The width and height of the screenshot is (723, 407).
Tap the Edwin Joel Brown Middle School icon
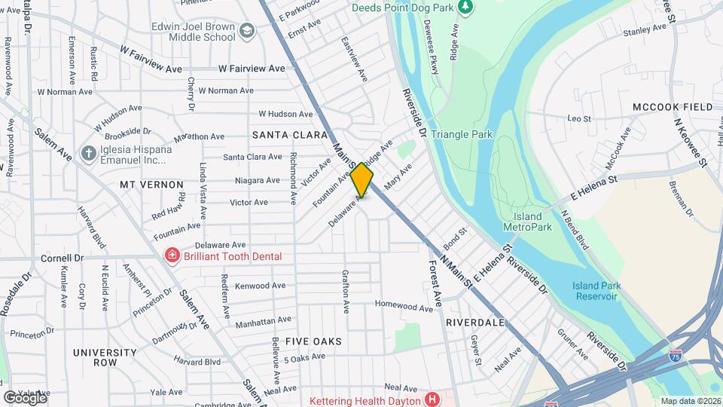point(247,31)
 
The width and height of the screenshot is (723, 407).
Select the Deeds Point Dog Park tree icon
point(465,7)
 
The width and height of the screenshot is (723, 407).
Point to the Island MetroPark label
point(528,222)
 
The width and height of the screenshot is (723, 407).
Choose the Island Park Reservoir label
point(594,290)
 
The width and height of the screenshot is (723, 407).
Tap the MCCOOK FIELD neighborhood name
point(673,107)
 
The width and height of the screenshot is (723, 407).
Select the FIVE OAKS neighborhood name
point(315,341)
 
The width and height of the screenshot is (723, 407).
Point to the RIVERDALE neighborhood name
point(474,322)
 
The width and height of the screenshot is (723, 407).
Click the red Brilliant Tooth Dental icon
point(172,256)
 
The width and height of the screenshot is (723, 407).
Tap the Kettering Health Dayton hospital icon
point(432,399)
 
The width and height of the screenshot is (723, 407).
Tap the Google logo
point(24,397)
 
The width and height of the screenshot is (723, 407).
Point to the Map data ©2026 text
point(690,401)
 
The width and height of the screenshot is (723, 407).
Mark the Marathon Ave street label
point(199,137)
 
